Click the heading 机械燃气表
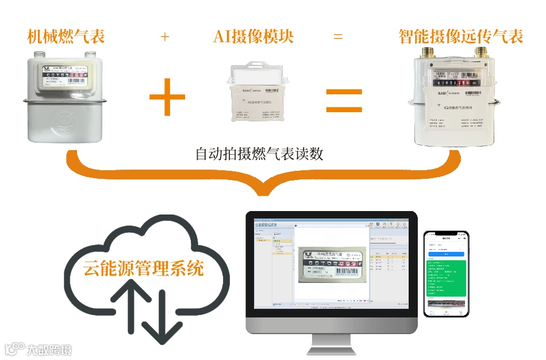[x=66, y=37]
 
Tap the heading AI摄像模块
[x=253, y=37]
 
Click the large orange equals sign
[x=344, y=100]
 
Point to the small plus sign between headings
[x=165, y=37]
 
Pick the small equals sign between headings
[x=338, y=37]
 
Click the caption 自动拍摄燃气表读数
[x=259, y=155]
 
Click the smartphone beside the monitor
[x=446, y=274]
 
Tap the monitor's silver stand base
[x=332, y=349]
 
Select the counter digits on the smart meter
[x=455, y=83]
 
